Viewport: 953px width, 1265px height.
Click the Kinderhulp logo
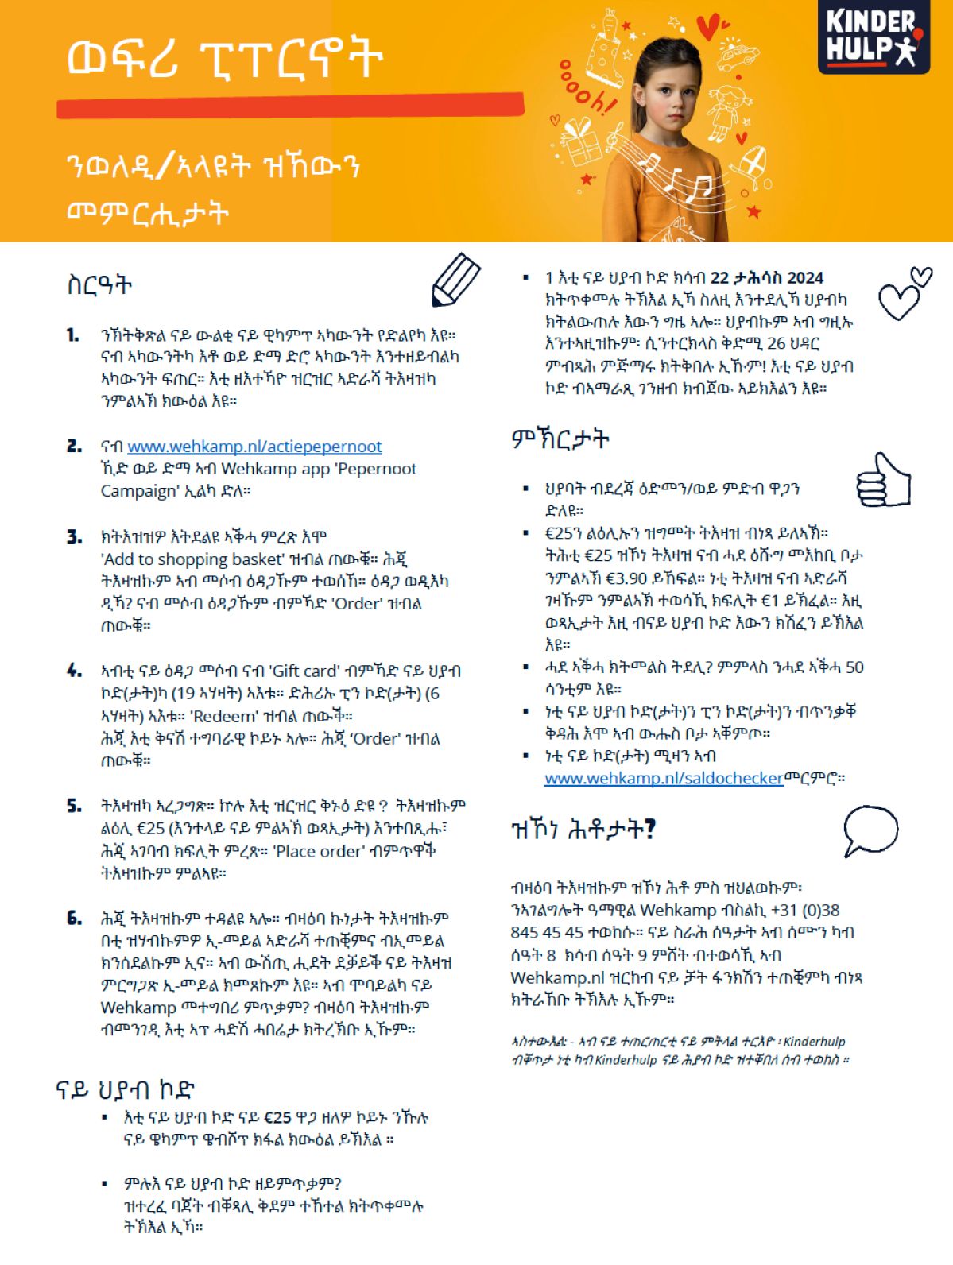click(873, 37)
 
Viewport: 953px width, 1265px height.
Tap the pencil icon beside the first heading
click(455, 279)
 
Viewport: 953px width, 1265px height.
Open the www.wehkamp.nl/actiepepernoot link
click(254, 447)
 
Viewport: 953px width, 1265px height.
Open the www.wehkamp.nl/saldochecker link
click(664, 779)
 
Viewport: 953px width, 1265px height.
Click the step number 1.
click(73, 335)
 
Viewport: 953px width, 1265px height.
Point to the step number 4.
click(74, 671)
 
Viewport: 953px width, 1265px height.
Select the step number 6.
click(74, 919)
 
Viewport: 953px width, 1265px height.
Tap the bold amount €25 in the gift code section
click(278, 1117)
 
